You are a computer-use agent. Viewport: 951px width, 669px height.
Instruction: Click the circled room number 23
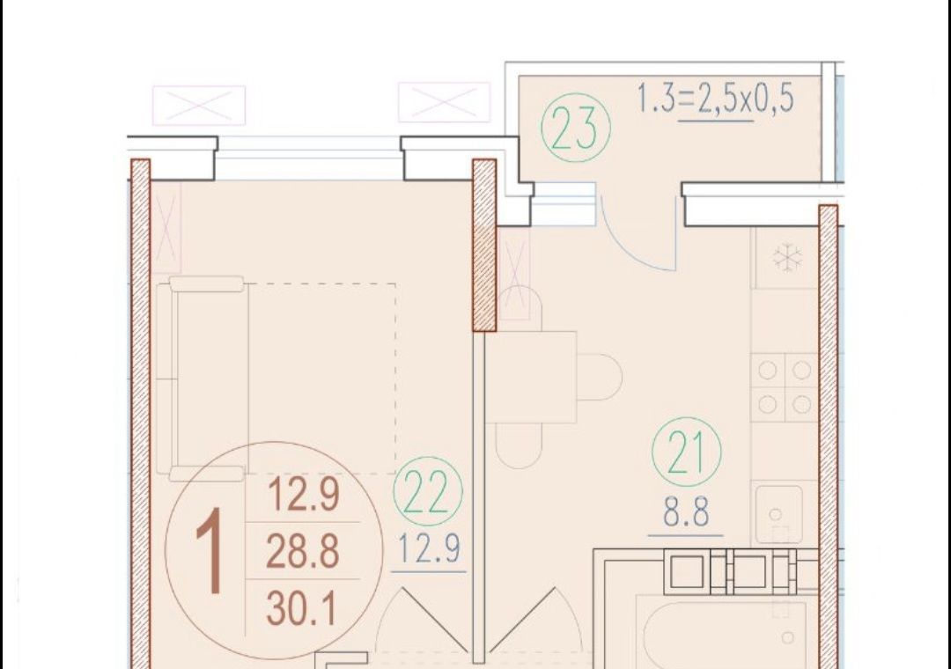[x=576, y=128]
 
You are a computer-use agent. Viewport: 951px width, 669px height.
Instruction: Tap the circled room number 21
[x=687, y=452]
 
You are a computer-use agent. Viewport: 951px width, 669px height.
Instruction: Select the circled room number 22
[x=428, y=491]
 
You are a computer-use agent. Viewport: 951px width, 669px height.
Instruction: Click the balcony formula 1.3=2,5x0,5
[x=715, y=99]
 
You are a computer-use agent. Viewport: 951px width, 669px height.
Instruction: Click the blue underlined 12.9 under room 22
[x=429, y=548]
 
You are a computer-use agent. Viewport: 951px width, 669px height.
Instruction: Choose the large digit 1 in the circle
[x=210, y=550]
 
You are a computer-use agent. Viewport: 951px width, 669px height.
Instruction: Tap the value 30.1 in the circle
[x=301, y=608]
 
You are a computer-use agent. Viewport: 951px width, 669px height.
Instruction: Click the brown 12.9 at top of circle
[x=303, y=494]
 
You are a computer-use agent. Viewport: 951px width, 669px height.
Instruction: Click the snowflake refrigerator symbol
[x=787, y=258]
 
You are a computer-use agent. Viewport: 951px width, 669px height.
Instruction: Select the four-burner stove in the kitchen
[x=785, y=387]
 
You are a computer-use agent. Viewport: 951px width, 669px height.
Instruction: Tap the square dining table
[x=530, y=377]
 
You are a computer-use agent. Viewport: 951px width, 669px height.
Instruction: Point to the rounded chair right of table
[x=600, y=378]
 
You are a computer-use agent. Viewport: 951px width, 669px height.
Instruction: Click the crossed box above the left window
[x=199, y=106]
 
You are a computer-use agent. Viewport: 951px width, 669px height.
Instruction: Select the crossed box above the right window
[x=444, y=102]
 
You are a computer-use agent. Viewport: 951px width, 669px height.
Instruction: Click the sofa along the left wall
[x=202, y=379]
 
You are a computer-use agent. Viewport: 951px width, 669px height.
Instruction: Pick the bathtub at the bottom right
[x=722, y=634]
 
